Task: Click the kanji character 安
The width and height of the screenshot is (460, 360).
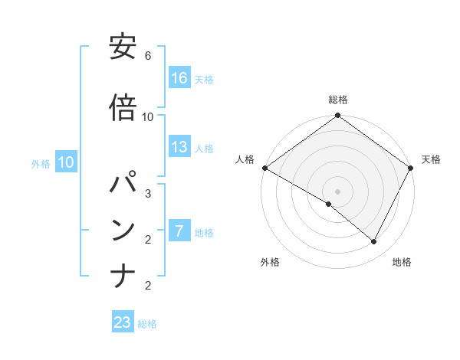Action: (123, 49)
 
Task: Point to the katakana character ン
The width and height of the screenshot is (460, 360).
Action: (123, 231)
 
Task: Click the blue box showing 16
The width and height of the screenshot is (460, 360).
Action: (179, 77)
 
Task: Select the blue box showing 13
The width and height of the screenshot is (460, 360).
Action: (179, 147)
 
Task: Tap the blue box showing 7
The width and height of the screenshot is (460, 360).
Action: (179, 231)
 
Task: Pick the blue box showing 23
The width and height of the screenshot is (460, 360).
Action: (123, 322)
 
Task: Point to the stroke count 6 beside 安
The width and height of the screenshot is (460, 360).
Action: (148, 56)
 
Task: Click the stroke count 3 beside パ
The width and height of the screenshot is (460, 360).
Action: (148, 193)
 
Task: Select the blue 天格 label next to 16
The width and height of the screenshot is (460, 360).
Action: (204, 79)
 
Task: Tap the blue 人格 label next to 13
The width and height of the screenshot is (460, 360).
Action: (204, 149)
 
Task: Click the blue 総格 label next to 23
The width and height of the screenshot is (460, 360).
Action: (147, 324)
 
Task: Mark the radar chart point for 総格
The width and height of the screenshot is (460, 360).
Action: (337, 116)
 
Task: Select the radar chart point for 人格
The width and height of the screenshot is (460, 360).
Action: (264, 168)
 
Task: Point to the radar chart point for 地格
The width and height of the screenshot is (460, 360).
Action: (374, 242)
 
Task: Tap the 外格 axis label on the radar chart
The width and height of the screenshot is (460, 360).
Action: (270, 262)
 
